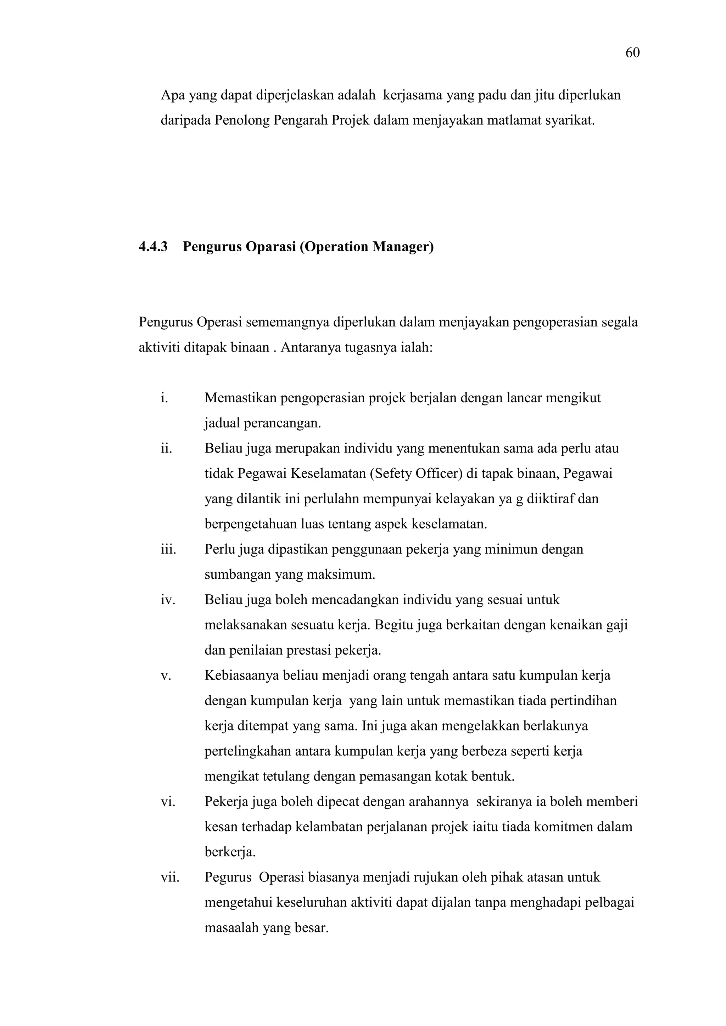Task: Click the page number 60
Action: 632,53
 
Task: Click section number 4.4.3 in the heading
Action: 153,247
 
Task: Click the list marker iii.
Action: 168,549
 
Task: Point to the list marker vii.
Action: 169,877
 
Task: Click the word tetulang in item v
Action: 285,776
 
